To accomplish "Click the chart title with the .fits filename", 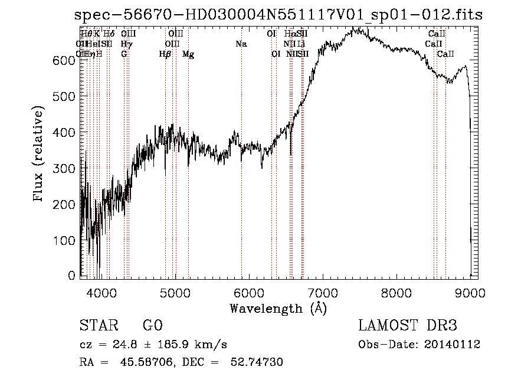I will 278,15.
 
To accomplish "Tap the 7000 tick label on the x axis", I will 322,292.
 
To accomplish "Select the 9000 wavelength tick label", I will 470,292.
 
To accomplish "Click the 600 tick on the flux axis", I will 67,60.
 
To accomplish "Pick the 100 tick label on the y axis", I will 67,241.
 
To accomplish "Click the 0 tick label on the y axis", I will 72,276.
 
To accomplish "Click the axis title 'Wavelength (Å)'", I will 278,308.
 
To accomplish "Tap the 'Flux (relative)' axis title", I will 40,155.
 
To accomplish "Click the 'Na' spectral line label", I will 241,44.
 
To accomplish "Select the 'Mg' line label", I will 188,54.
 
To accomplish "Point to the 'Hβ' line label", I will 165,54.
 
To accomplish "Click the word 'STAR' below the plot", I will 98,326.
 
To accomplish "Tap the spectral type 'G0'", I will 152,326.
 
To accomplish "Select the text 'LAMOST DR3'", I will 408,326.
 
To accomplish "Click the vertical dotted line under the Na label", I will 241,177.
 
